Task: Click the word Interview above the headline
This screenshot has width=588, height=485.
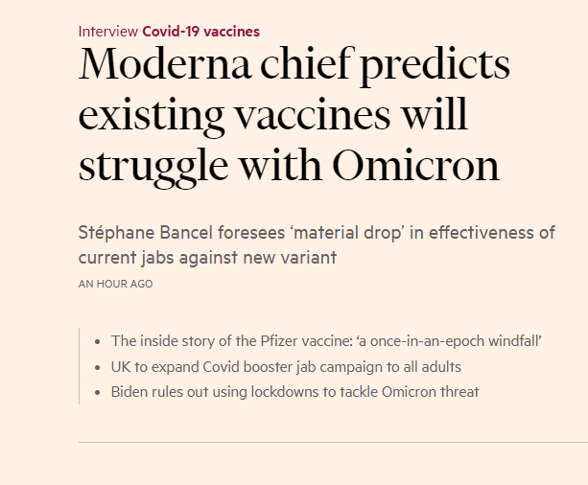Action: pos(108,32)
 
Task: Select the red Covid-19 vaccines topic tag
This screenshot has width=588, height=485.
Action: pos(200,32)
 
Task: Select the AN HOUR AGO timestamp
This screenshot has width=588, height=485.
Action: pos(115,284)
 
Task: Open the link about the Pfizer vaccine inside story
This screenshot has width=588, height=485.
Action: pos(349,341)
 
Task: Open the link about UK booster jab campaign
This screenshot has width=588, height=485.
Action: pos(286,366)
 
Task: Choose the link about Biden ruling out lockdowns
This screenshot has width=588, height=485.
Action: pos(294,391)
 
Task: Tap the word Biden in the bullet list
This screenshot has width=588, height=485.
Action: pos(129,391)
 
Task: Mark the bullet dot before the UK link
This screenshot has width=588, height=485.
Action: pos(99,367)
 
